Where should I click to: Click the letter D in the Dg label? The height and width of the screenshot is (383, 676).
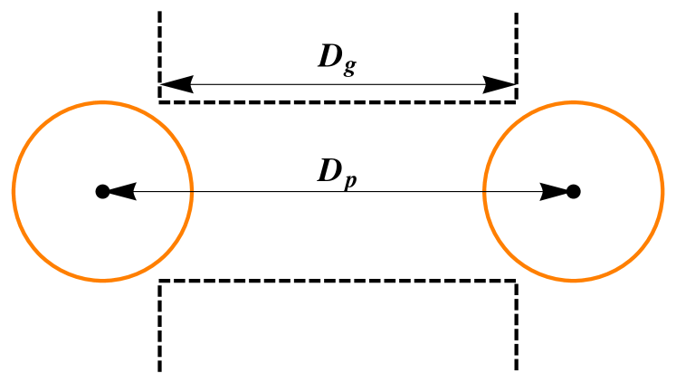click(x=328, y=56)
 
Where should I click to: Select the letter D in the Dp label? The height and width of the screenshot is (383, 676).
click(x=328, y=171)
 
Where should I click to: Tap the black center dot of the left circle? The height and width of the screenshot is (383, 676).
click(x=102, y=191)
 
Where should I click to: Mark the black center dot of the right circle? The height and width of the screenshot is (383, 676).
click(x=573, y=191)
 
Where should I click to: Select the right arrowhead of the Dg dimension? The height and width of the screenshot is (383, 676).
click(x=500, y=85)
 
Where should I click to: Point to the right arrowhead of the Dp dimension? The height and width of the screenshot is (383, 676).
click(x=553, y=191)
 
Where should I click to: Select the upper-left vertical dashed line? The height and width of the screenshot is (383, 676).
click(x=160, y=45)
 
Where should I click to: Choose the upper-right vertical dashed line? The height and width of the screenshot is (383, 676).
click(x=517, y=45)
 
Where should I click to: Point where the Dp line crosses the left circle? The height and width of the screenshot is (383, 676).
click(x=192, y=191)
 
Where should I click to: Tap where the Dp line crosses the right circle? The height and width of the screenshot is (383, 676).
click(x=484, y=191)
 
